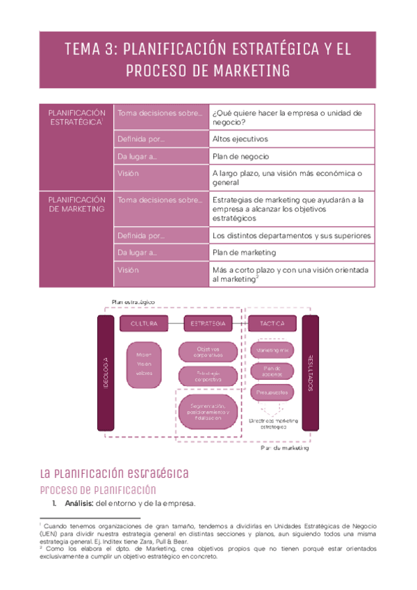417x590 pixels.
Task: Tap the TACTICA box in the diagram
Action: click(272, 324)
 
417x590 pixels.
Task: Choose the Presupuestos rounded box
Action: click(274, 393)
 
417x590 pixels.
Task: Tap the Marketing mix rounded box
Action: click(274, 350)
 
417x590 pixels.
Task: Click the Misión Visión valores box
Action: click(144, 362)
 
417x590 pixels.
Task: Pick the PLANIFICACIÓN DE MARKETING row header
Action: click(76, 204)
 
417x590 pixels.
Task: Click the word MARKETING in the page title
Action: click(253, 71)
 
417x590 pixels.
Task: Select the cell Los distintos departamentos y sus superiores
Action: click(291, 235)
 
